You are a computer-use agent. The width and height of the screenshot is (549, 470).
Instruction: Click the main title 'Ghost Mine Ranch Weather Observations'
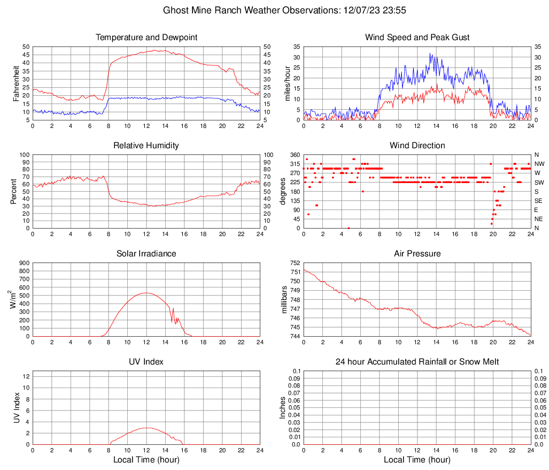274,10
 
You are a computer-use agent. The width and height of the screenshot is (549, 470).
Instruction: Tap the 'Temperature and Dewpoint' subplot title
146,37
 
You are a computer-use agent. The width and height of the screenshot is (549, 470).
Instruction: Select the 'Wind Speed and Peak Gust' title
417,37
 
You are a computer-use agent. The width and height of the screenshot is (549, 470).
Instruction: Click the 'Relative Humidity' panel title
146,146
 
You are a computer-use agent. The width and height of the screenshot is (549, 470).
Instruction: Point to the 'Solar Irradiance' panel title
146,254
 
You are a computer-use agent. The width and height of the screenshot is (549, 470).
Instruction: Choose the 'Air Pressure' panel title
417,254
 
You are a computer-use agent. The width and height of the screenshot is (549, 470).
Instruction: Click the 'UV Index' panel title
146,362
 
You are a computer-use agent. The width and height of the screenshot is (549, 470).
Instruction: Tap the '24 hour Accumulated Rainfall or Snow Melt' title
417,362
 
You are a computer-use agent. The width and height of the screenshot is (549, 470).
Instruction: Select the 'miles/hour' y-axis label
287,84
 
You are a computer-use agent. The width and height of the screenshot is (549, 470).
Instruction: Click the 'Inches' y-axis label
283,408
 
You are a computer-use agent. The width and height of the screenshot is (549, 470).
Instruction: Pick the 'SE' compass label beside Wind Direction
539,201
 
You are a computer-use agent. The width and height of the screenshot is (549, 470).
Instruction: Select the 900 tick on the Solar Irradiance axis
24,263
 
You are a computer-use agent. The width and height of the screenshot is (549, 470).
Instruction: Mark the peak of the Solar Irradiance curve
146,293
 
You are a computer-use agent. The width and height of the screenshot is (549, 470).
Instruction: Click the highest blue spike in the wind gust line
430,54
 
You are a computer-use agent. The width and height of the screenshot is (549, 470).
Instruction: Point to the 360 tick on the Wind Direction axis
293,155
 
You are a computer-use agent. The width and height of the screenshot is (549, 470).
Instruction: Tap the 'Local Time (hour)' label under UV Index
146,460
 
